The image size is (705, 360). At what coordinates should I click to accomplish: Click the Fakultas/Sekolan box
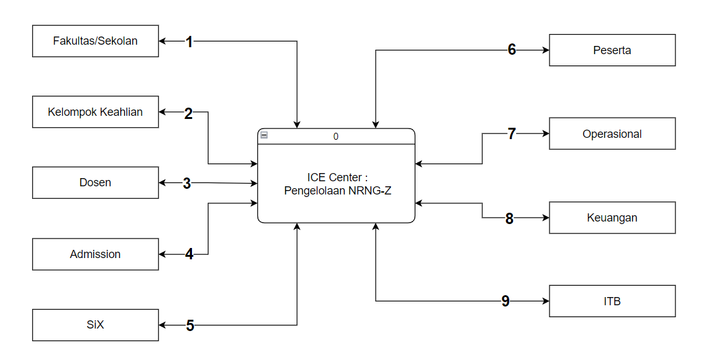tap(96, 42)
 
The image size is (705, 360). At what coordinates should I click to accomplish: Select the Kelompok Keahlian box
tap(96, 113)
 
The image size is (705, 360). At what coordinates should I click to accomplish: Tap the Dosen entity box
tap(96, 183)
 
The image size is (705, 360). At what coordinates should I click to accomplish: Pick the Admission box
tap(96, 254)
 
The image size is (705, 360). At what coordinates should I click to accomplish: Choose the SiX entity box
tap(96, 325)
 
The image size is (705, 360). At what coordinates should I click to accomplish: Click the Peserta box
tap(612, 50)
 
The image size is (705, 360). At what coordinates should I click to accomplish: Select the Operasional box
tap(612, 133)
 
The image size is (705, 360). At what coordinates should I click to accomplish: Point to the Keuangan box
tap(612, 218)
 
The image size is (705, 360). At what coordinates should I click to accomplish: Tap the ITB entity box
tap(612, 301)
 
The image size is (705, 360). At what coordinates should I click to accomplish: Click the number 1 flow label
tap(189, 42)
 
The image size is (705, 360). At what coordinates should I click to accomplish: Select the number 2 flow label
tap(189, 113)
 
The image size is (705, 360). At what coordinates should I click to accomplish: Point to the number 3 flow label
tap(187, 183)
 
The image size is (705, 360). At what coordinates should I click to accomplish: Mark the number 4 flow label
tap(189, 254)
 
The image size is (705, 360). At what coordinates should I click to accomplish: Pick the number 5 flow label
tap(190, 325)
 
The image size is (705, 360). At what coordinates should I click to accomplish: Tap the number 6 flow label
tap(512, 50)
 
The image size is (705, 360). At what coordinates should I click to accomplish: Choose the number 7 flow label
tap(512, 133)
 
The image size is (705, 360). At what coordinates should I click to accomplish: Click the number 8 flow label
tap(509, 218)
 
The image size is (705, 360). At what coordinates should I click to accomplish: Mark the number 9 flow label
tap(505, 301)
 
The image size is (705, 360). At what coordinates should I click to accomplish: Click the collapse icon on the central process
tap(264, 135)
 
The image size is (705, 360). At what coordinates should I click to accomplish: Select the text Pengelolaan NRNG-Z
tap(337, 190)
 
